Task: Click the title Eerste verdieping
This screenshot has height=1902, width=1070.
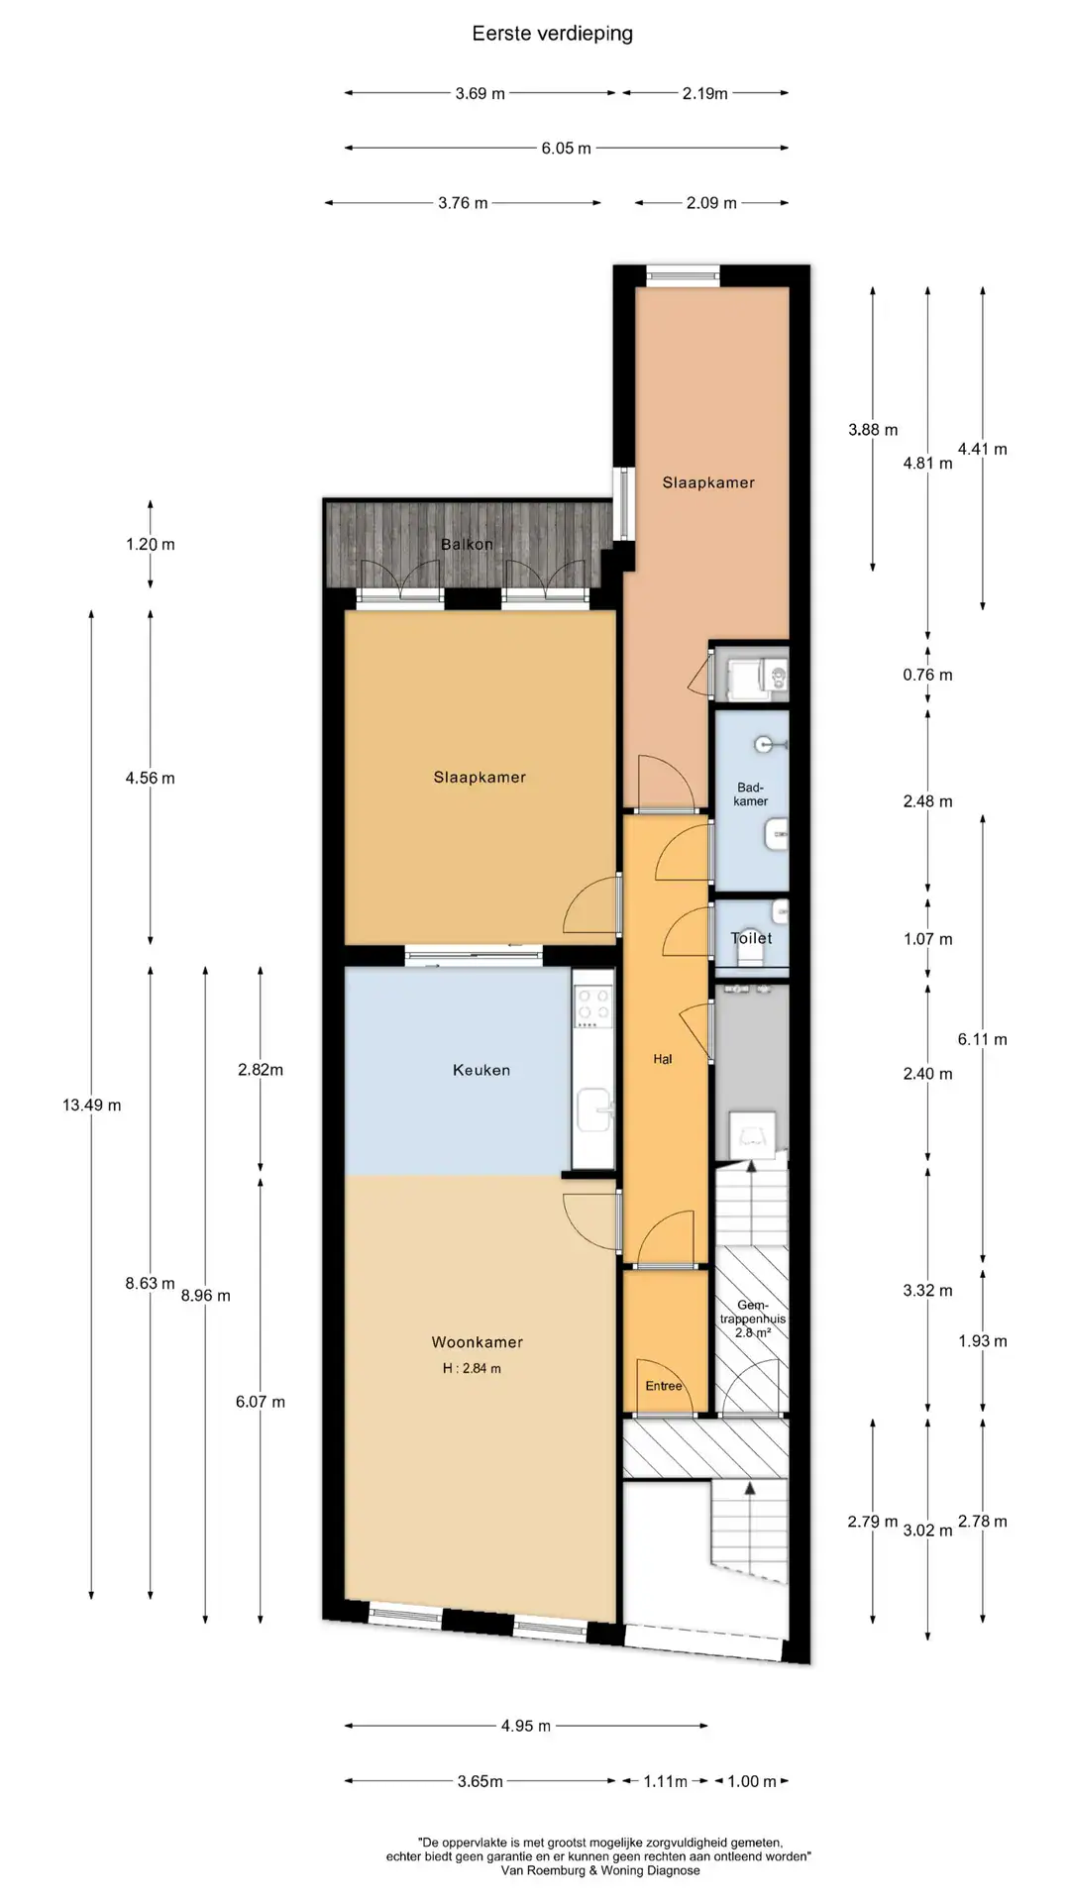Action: [552, 34]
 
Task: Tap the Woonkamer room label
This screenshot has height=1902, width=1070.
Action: [477, 1342]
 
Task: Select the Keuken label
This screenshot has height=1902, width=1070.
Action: [481, 1070]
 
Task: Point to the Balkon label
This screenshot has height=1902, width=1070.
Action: [467, 545]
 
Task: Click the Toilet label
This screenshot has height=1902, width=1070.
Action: [751, 938]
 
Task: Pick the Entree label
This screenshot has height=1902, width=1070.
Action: [664, 1386]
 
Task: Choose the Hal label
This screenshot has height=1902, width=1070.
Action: [663, 1059]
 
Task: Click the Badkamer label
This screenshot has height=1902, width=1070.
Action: [751, 794]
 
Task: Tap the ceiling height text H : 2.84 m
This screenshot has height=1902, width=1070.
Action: [472, 1369]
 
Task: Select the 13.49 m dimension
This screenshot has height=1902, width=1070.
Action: [91, 1106]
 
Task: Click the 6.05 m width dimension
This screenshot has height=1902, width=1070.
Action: [566, 149]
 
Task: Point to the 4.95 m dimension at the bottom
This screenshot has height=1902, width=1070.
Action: [525, 1726]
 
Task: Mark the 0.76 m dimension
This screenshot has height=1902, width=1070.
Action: [927, 676]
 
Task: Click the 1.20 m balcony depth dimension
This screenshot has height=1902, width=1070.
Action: [150, 545]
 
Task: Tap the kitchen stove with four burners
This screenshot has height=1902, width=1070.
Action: [593, 1004]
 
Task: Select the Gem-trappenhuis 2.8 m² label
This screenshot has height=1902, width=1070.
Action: [752, 1320]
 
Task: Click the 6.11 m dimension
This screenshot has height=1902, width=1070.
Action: [982, 1040]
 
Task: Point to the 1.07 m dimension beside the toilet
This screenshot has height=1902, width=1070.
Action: [927, 939]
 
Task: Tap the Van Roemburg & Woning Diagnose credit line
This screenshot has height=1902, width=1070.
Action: [600, 1871]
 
